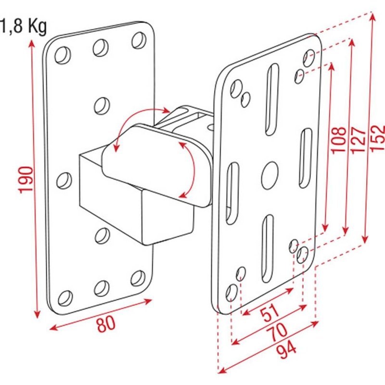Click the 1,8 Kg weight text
(x=23, y=26)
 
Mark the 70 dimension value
(x=278, y=332)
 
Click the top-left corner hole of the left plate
(x=62, y=56)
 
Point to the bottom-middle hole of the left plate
(x=102, y=288)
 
